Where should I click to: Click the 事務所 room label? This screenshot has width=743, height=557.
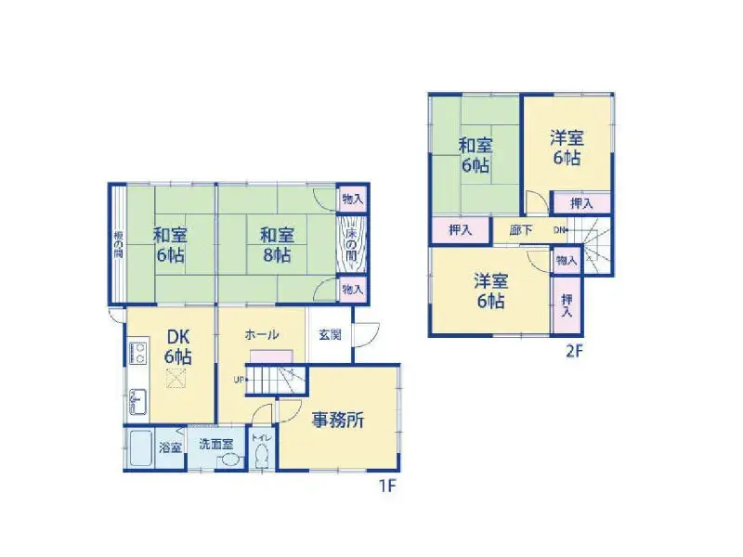pos(337,421)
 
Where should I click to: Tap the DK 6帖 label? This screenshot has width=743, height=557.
pos(177,345)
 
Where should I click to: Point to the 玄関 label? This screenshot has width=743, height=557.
pos(329,334)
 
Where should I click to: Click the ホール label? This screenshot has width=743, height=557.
pos(262,333)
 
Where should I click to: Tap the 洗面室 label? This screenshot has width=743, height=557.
pos(215,446)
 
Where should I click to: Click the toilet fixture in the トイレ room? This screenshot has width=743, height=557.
pos(261,456)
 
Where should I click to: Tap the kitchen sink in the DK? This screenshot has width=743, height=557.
pos(140,401)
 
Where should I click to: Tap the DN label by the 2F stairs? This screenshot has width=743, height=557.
pos(560,230)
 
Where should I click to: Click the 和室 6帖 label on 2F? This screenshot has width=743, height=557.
pos(475,155)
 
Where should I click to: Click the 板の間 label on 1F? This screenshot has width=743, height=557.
pos(118,243)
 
